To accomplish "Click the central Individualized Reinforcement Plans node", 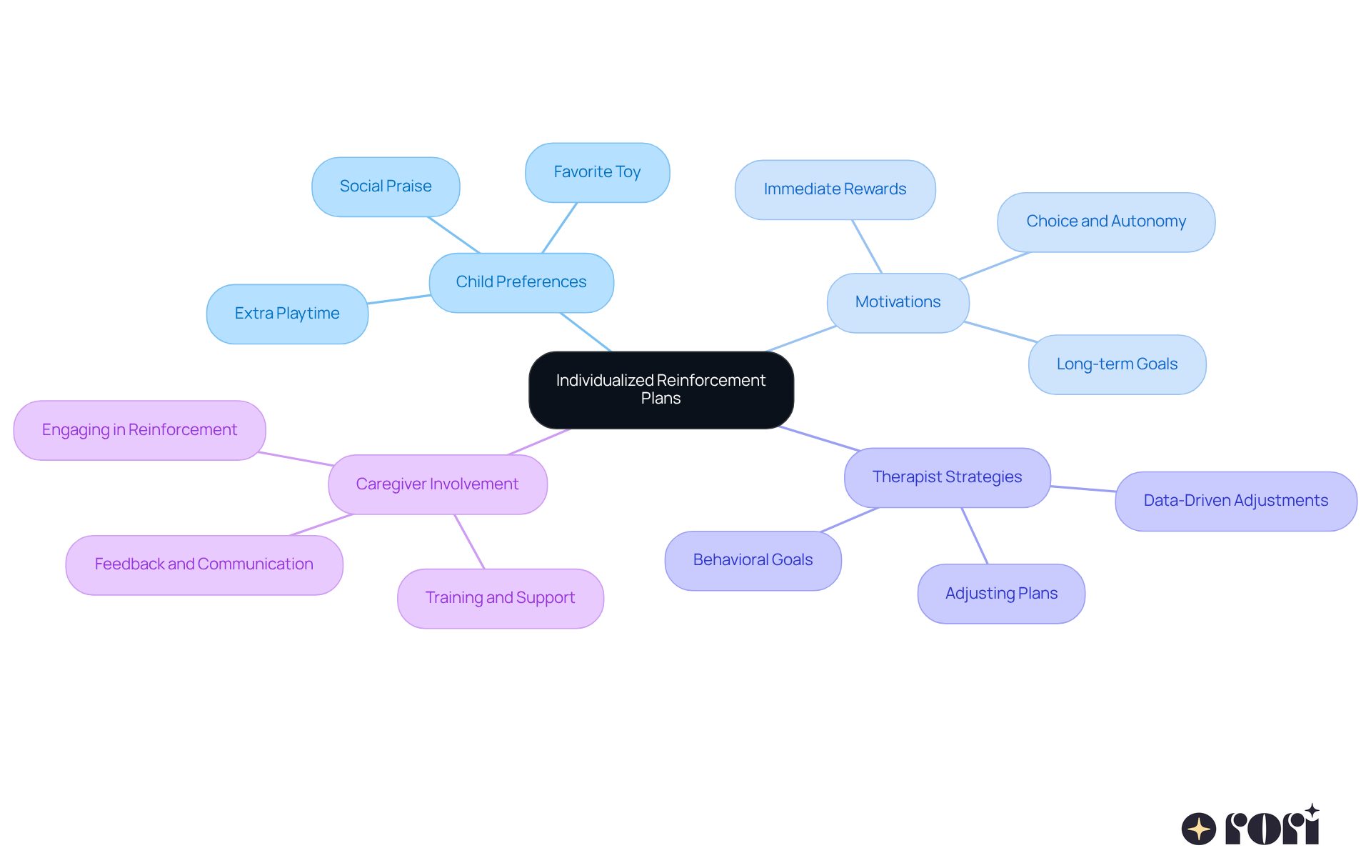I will point(661,389).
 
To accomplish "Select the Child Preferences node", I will point(521,282).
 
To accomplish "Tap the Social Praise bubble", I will point(386,186).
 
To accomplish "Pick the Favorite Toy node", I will point(597,172).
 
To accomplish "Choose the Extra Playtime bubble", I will point(287,314).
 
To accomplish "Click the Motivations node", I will point(898,302).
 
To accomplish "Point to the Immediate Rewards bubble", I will point(835,189).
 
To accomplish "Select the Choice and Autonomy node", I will point(1106,221).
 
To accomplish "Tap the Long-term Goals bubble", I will point(1117,364).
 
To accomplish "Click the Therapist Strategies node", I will point(947,477).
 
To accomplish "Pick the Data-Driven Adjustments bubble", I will point(1235,501).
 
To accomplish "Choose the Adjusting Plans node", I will point(1001,594).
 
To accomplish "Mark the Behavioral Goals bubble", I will point(753,560).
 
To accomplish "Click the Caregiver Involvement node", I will point(437,484).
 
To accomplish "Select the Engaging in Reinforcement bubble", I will point(139,430).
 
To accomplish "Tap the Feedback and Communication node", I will point(204,564).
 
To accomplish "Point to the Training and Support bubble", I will point(500,598).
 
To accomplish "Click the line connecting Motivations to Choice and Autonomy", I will point(995,266).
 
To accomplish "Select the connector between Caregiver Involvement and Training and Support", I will point(469,542).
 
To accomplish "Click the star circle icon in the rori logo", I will point(1198,829).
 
